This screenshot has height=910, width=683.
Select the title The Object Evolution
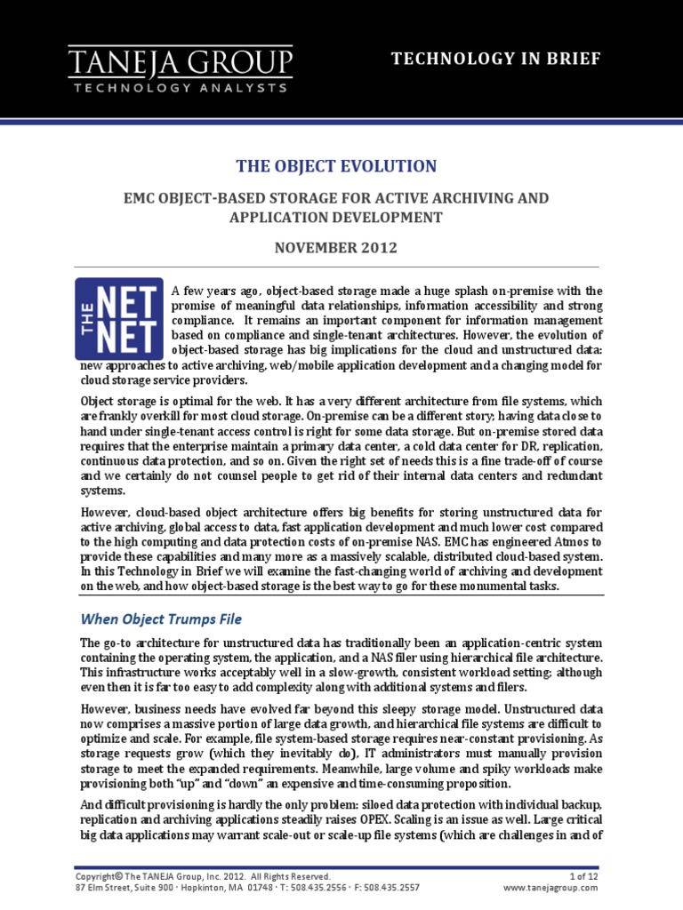tap(335, 166)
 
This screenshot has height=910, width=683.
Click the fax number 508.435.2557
tap(389, 887)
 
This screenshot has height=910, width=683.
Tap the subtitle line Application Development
tap(335, 216)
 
